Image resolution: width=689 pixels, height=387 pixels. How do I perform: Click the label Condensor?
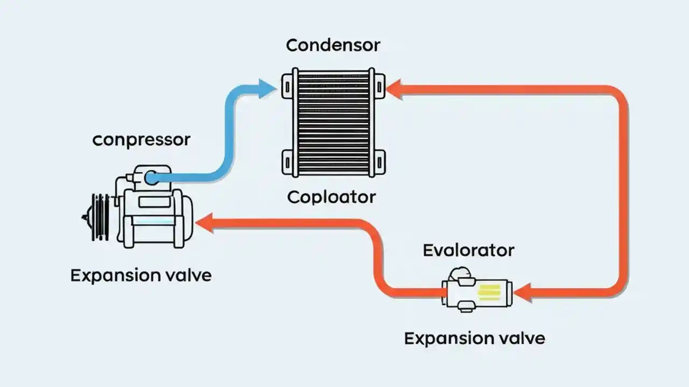point(333,45)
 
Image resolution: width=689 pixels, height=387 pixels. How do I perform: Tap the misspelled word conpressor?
point(141,140)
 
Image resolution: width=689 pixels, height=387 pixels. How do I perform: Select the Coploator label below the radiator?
point(331,197)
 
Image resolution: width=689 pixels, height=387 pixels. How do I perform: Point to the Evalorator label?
point(468,250)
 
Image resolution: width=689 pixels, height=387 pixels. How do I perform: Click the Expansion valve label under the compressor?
point(141,276)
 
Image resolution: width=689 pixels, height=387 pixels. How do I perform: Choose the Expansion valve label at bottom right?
point(474,339)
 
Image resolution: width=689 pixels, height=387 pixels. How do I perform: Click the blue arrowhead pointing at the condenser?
point(268,89)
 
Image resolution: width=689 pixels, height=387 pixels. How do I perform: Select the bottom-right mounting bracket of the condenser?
point(379,161)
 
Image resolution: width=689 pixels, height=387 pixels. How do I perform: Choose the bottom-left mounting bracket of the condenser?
point(286,161)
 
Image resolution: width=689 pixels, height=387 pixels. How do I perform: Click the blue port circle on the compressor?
point(152,178)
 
